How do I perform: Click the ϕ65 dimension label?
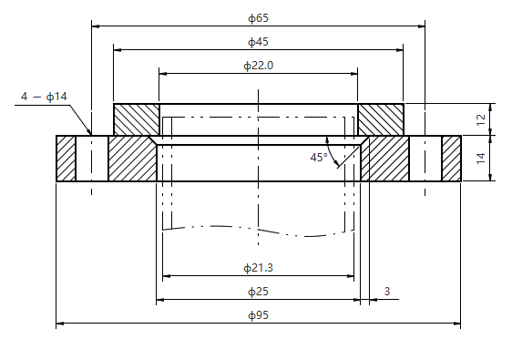coord(259,18)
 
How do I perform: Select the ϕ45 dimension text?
coord(259,42)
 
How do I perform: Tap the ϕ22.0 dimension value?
coord(259,66)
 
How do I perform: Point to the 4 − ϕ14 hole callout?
coord(44,97)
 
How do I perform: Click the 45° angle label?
coord(319,158)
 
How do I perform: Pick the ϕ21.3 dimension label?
coord(259,268)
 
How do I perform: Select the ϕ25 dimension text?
coord(259,292)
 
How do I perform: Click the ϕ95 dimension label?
coord(259,315)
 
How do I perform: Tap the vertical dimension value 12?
coord(481,120)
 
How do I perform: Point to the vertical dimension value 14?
coord(481,159)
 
